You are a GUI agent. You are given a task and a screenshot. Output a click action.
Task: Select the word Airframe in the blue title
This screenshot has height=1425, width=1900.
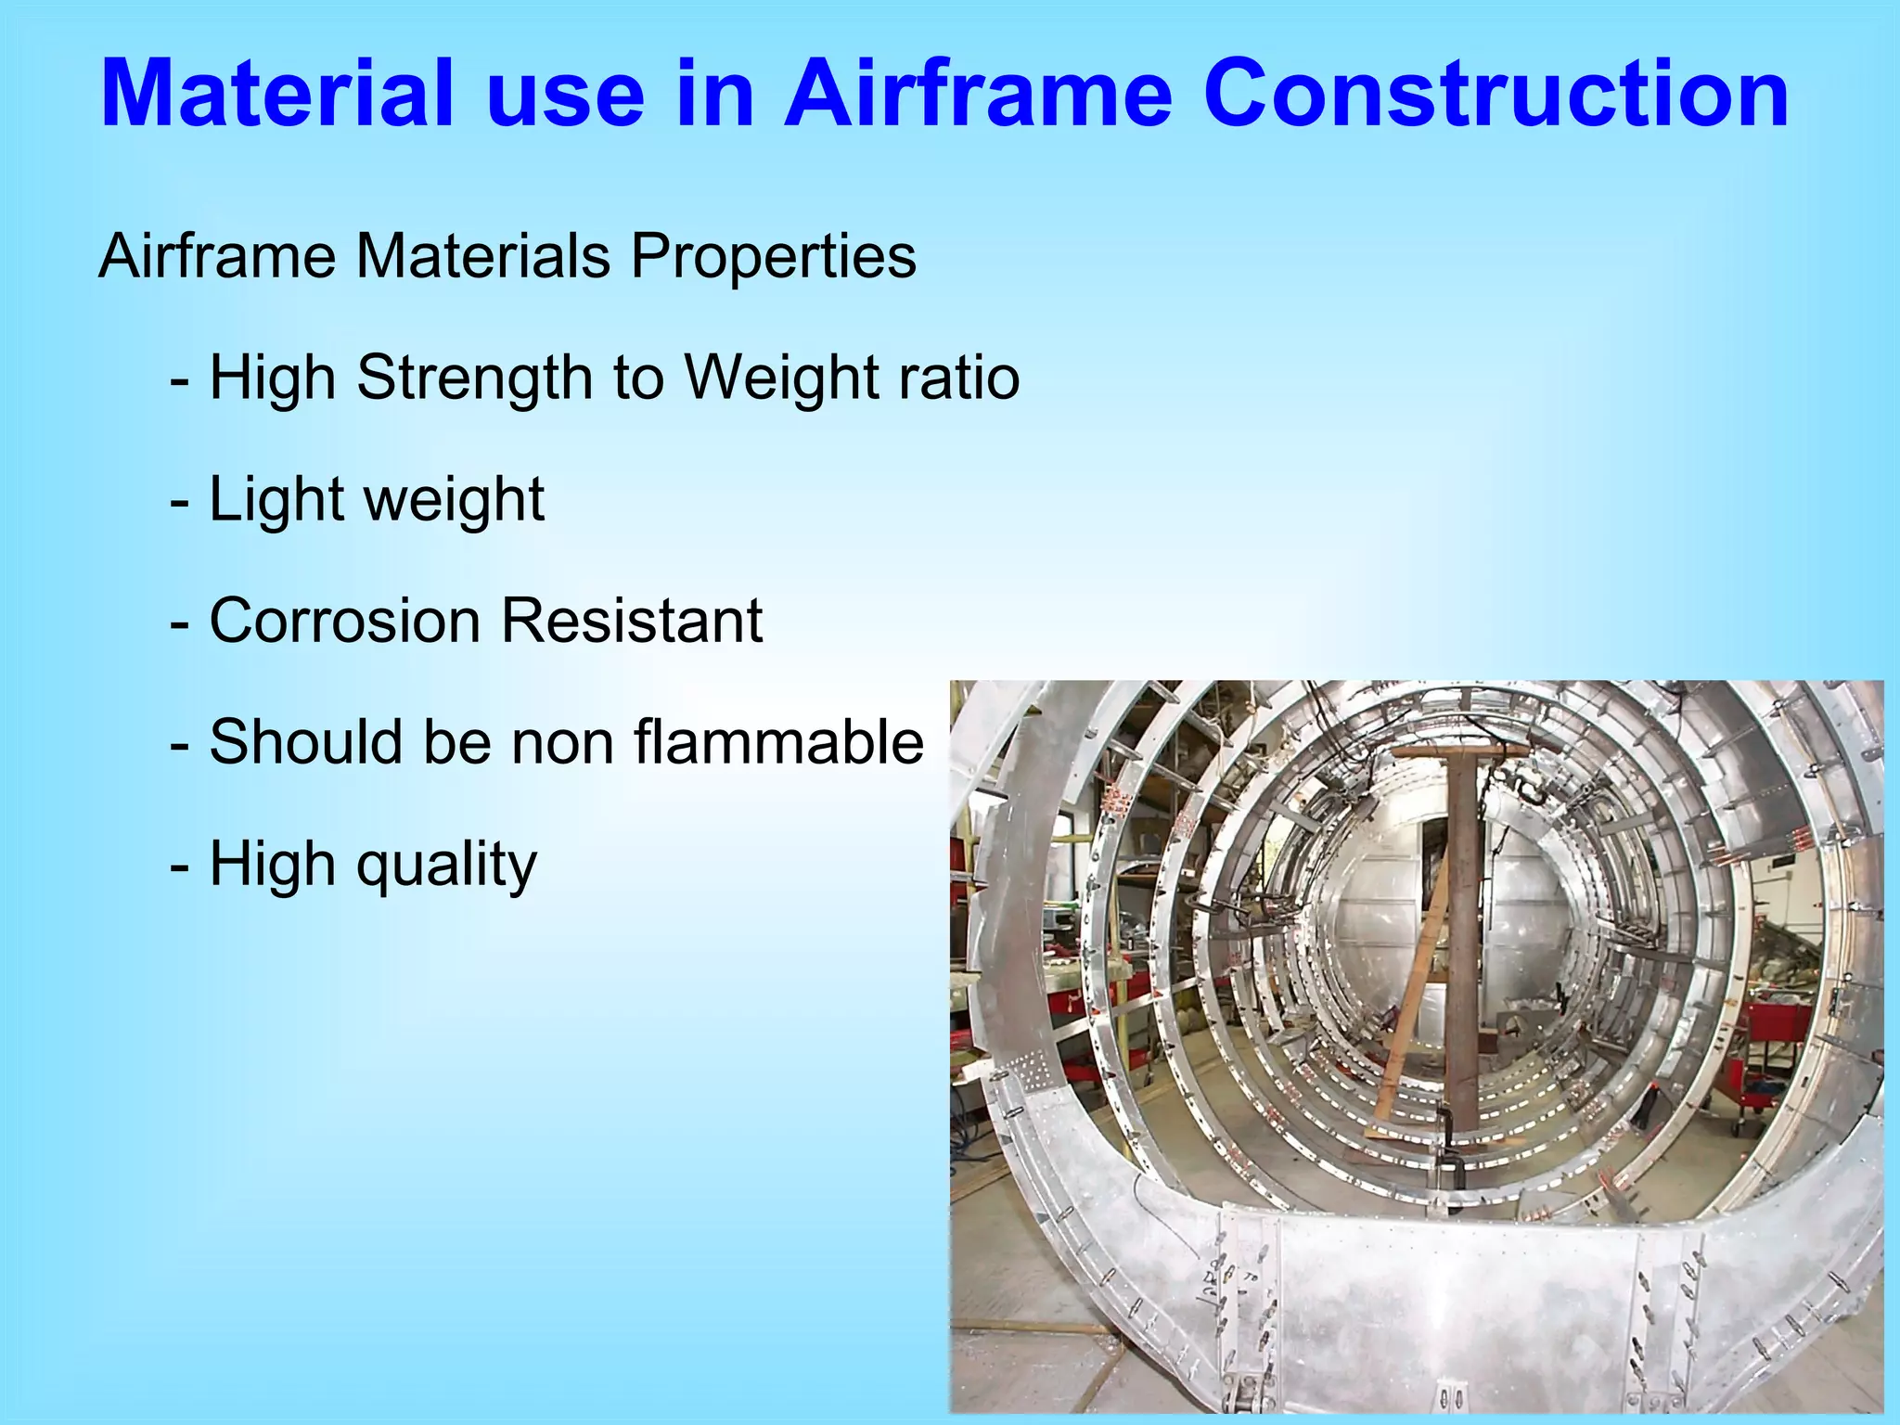(979, 95)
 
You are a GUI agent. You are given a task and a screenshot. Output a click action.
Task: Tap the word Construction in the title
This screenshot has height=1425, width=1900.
(1497, 95)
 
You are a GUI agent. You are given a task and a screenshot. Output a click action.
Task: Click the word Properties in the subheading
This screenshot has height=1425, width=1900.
(773, 256)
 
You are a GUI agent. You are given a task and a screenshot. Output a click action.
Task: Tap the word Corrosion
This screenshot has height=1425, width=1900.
(345, 621)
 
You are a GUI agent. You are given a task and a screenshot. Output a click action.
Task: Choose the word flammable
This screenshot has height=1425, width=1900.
(778, 742)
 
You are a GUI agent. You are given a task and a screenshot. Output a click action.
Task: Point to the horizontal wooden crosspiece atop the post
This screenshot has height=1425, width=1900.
(1460, 751)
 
